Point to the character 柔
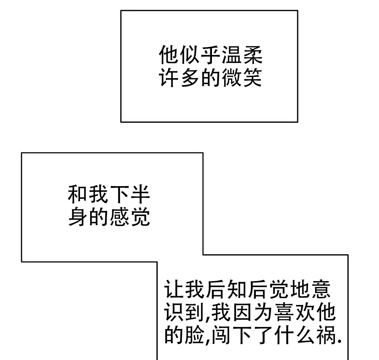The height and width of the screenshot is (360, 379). (252, 55)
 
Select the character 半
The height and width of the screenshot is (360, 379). (140, 195)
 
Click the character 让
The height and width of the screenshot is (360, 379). (174, 289)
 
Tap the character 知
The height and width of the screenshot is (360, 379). (237, 289)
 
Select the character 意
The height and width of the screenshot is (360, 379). (320, 289)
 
